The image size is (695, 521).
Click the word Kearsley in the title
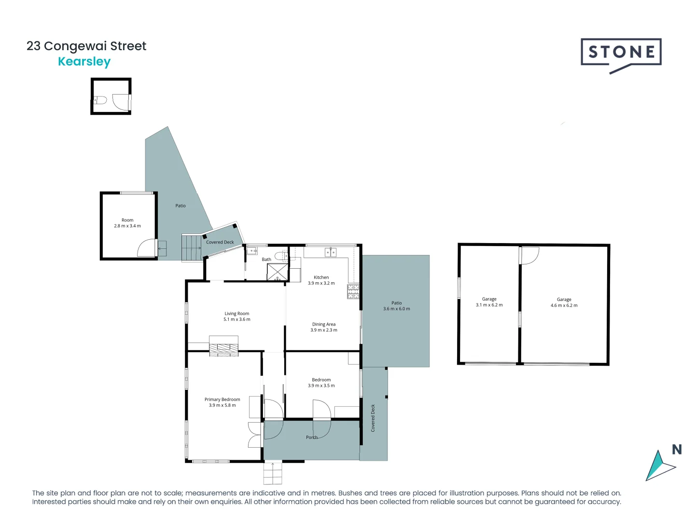84,62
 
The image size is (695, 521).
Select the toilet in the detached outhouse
100,100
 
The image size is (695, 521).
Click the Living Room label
237,314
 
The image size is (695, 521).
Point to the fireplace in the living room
223,346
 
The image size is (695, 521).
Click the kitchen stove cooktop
353,291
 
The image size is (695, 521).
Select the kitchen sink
331,252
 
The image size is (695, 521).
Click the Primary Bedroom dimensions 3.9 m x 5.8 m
222,405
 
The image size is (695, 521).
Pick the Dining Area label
324,324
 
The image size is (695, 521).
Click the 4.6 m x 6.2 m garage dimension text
564,305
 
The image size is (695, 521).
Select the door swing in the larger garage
529,256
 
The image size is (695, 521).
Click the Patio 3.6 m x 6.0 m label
396,306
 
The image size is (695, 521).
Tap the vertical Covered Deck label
373,418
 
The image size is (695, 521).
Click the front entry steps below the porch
273,473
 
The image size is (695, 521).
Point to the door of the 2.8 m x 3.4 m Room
147,248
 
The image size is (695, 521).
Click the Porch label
312,438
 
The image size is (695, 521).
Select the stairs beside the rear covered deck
192,248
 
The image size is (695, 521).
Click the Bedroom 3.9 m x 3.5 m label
321,383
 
